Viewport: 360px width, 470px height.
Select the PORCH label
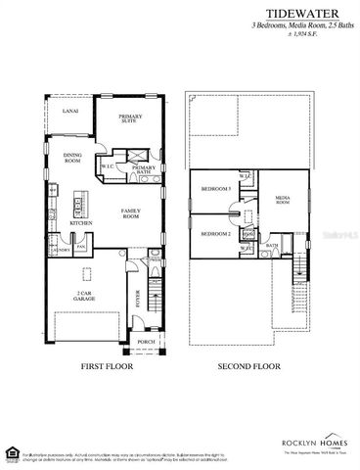pos(147,342)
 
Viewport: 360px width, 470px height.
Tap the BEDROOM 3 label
pos(215,187)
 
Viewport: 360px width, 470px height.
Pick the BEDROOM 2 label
pos(215,234)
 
